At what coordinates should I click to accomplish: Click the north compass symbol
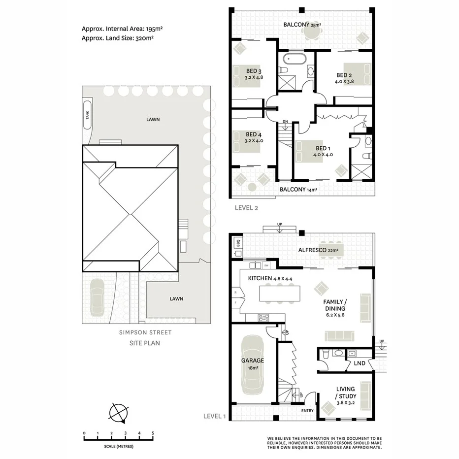119,412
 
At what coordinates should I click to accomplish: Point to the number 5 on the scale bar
153,433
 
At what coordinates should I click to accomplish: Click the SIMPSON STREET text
145,332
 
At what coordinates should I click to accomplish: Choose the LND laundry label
360,363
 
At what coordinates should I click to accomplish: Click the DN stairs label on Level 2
285,122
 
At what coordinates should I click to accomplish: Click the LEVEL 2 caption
246,207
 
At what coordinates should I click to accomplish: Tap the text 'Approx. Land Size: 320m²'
122,37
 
